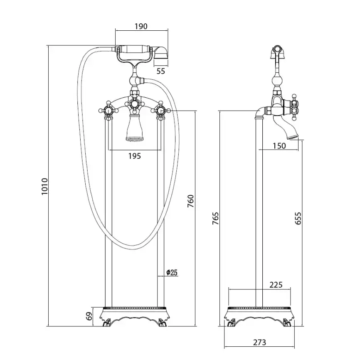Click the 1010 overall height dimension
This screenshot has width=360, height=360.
44,186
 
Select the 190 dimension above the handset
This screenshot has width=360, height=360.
141,27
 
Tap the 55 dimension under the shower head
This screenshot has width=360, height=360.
161,71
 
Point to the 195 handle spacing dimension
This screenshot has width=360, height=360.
135,156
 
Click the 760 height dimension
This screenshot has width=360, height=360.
191,201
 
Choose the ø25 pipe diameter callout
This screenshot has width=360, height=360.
172,273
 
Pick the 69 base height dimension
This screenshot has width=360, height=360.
90,316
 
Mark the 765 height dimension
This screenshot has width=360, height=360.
215,218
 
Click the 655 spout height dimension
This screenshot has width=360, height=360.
298,218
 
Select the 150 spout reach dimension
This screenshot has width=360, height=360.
279,146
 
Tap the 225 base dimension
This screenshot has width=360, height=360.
276,285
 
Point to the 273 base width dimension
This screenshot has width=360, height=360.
259,342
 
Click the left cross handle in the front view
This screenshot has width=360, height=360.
108,111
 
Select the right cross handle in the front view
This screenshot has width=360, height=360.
161,111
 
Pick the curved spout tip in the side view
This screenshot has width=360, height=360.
293,137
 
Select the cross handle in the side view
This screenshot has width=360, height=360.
294,107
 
